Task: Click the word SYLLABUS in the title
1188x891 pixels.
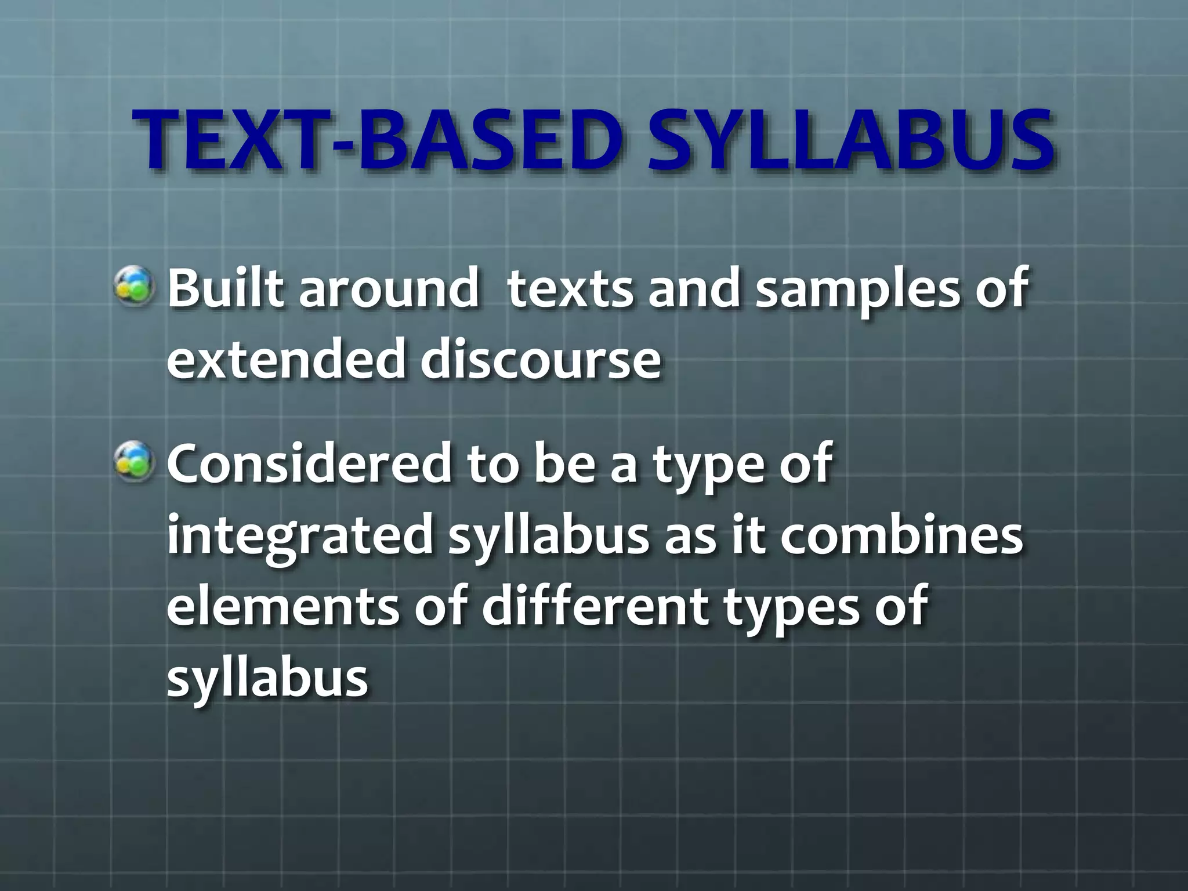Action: click(850, 141)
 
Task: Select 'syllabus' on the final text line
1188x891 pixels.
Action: click(267, 679)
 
